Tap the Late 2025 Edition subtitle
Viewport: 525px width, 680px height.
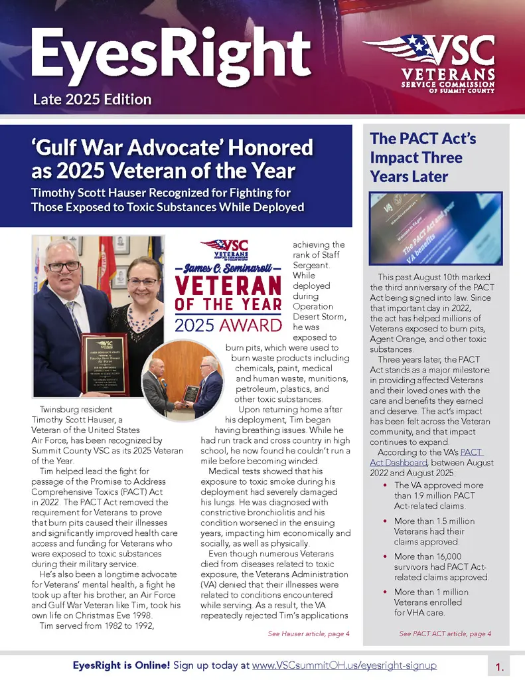[92, 100]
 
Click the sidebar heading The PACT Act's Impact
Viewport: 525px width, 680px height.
[423, 158]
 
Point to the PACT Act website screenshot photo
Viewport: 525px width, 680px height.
[436, 228]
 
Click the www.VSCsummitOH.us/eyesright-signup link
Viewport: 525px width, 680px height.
[344, 664]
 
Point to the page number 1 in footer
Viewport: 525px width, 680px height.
[499, 665]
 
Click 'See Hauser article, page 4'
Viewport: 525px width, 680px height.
[309, 634]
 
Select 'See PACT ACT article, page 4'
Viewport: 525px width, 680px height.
[445, 634]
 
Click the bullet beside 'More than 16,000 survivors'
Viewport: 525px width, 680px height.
[386, 556]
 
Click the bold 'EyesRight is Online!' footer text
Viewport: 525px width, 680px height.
[121, 664]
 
